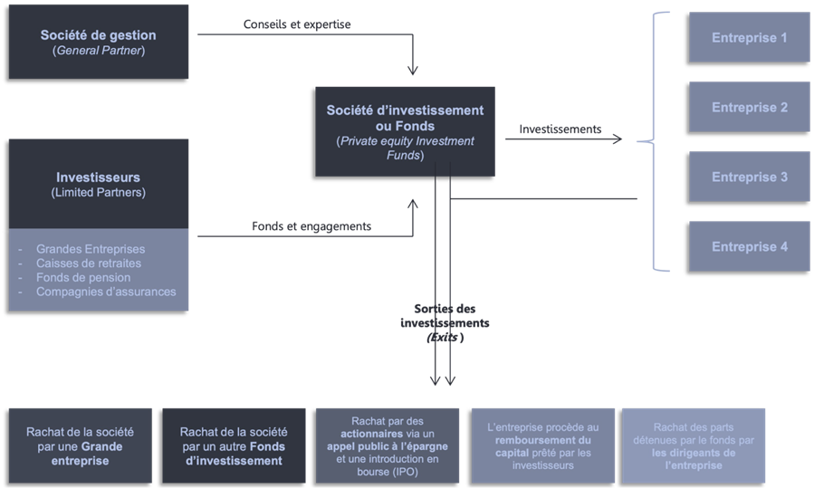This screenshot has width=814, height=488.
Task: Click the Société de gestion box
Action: [98, 43]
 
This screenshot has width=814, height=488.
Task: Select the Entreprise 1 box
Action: [749, 38]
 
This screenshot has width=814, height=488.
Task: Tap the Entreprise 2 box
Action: [749, 108]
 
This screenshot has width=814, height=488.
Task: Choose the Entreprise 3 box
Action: [749, 177]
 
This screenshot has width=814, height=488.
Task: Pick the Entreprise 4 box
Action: [749, 246]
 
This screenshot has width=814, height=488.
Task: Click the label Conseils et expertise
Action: [297, 24]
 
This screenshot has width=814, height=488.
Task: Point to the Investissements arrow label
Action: [560, 129]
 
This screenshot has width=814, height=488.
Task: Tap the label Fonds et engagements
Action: [311, 226]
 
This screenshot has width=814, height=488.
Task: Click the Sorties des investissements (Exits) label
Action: [445, 323]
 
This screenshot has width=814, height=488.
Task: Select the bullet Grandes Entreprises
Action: [90, 249]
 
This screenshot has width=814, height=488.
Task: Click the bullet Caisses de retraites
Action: [88, 263]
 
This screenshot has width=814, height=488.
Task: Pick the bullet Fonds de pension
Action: [82, 278]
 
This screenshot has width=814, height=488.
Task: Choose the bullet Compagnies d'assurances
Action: [105, 292]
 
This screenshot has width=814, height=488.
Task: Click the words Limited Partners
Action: [98, 193]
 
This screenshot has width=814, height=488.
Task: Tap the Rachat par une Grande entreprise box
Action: [80, 446]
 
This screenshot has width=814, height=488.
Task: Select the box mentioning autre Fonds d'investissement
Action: [234, 446]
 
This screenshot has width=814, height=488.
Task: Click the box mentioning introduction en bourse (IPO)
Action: [387, 446]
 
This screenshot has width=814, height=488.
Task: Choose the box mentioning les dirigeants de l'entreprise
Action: [692, 446]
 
